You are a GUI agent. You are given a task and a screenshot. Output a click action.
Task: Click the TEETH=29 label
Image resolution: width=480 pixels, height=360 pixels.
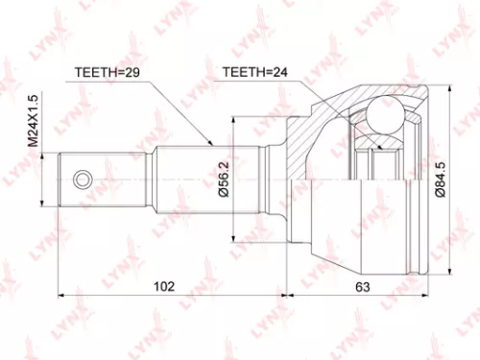click(x=107, y=72)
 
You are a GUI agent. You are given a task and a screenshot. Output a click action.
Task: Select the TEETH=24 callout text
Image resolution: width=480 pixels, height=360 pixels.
click(x=254, y=72)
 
